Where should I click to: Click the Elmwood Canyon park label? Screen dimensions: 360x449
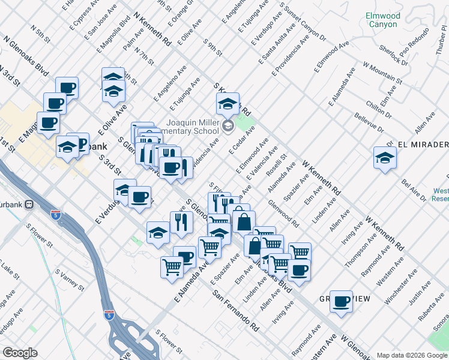(x=381, y=20)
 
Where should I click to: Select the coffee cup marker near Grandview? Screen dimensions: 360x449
(x=341, y=301)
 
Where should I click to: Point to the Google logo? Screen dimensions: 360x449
(x=20, y=353)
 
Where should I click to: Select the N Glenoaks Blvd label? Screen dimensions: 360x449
(x=26, y=55)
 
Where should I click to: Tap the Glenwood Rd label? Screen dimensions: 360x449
(x=285, y=213)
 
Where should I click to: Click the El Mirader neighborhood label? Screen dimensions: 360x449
(x=423, y=145)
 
